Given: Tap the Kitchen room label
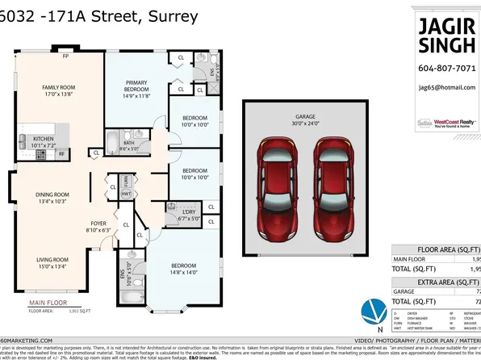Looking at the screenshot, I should coord(43,142).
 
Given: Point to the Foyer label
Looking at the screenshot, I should coord(98,227).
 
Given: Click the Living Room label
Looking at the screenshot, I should coord(51,263).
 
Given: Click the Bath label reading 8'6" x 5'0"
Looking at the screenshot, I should coord(129,145).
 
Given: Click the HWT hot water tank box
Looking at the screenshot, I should coord(126,195).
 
